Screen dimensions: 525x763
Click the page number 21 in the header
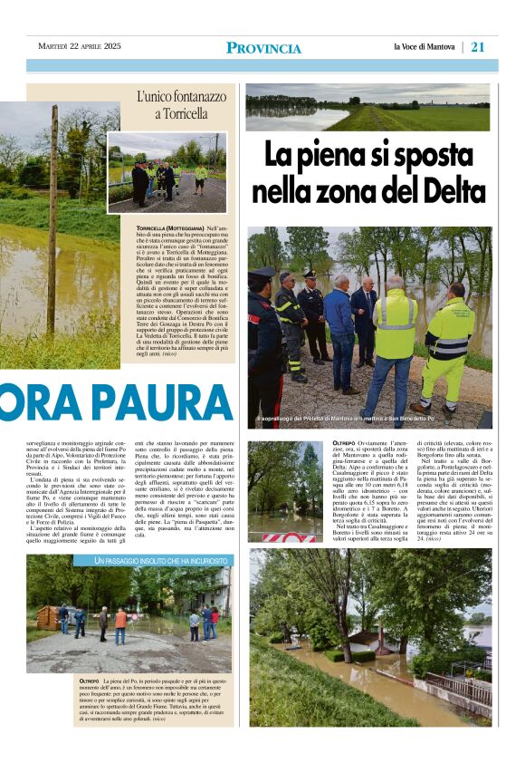[478, 47]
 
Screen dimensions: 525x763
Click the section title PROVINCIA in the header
[263, 48]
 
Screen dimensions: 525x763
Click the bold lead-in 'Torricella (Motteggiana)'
[169, 227]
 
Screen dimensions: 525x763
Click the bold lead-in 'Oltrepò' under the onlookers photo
[88, 680]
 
